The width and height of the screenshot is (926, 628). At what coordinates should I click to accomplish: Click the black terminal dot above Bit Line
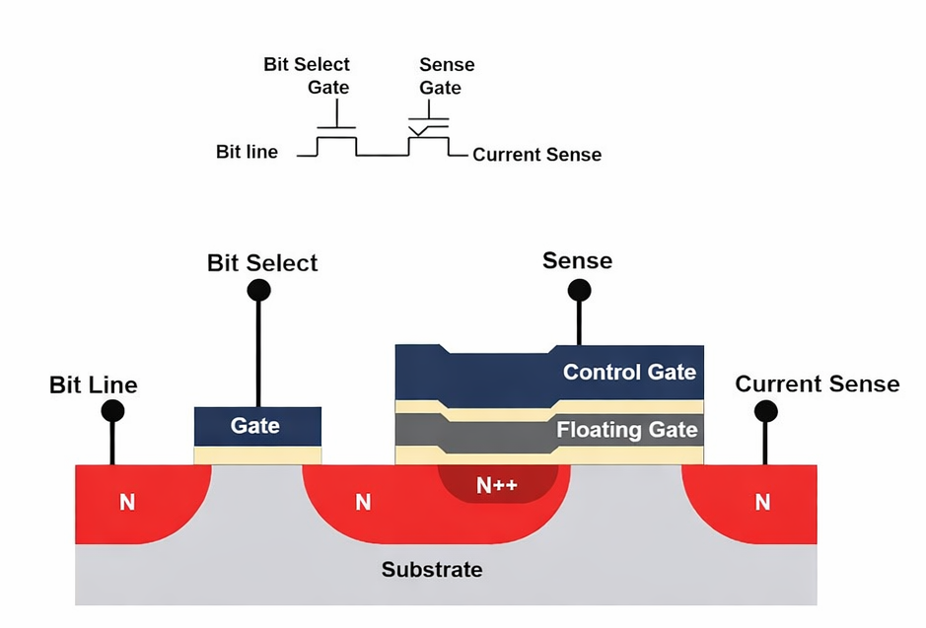(112, 411)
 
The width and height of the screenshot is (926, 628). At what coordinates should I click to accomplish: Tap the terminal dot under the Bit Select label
(258, 290)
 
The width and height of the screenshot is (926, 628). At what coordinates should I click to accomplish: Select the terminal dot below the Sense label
(579, 290)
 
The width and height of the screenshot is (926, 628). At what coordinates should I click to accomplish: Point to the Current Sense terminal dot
(765, 411)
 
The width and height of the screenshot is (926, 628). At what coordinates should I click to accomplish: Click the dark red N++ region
(497, 485)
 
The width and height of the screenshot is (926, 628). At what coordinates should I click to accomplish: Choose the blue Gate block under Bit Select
(256, 426)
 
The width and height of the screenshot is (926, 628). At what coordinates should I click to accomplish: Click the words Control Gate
(628, 372)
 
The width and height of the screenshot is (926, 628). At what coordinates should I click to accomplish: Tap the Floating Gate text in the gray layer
(626, 430)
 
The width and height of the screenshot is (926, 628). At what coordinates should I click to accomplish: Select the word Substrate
(432, 570)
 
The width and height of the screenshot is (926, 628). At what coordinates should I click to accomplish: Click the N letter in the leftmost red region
(127, 503)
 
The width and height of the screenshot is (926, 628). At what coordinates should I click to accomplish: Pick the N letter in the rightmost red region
(762, 503)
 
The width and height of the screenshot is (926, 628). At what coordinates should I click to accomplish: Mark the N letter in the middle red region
(363, 503)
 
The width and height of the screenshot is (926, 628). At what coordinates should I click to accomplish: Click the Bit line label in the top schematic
(247, 152)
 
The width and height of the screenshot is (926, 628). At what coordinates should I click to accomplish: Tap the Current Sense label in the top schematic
(536, 155)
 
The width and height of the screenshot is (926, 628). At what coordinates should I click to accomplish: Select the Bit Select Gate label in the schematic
(307, 76)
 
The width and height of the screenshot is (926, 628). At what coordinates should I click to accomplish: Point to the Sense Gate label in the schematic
(446, 76)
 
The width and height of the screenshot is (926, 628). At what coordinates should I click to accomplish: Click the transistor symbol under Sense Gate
(429, 138)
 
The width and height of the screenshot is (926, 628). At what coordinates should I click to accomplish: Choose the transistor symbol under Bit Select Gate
(336, 140)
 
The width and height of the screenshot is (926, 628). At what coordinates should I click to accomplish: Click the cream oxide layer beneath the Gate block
(256, 454)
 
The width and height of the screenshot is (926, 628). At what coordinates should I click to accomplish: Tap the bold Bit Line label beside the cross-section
(93, 384)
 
